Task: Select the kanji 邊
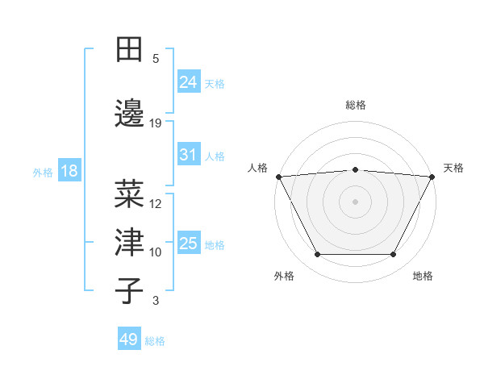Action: click(129, 110)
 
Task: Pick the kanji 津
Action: click(129, 241)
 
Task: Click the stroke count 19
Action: click(156, 123)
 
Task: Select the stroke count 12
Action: click(156, 204)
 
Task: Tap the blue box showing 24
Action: click(188, 81)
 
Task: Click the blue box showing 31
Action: click(188, 154)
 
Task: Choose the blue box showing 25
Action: click(188, 243)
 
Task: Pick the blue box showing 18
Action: click(69, 171)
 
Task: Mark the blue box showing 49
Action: click(128, 339)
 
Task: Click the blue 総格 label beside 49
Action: click(155, 341)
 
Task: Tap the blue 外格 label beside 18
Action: click(43, 172)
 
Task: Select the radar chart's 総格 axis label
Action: click(355, 105)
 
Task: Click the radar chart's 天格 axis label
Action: click(454, 168)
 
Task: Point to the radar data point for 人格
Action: click(278, 177)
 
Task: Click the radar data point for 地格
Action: click(393, 255)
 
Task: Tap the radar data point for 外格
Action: click(317, 255)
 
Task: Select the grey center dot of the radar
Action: click(355, 202)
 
